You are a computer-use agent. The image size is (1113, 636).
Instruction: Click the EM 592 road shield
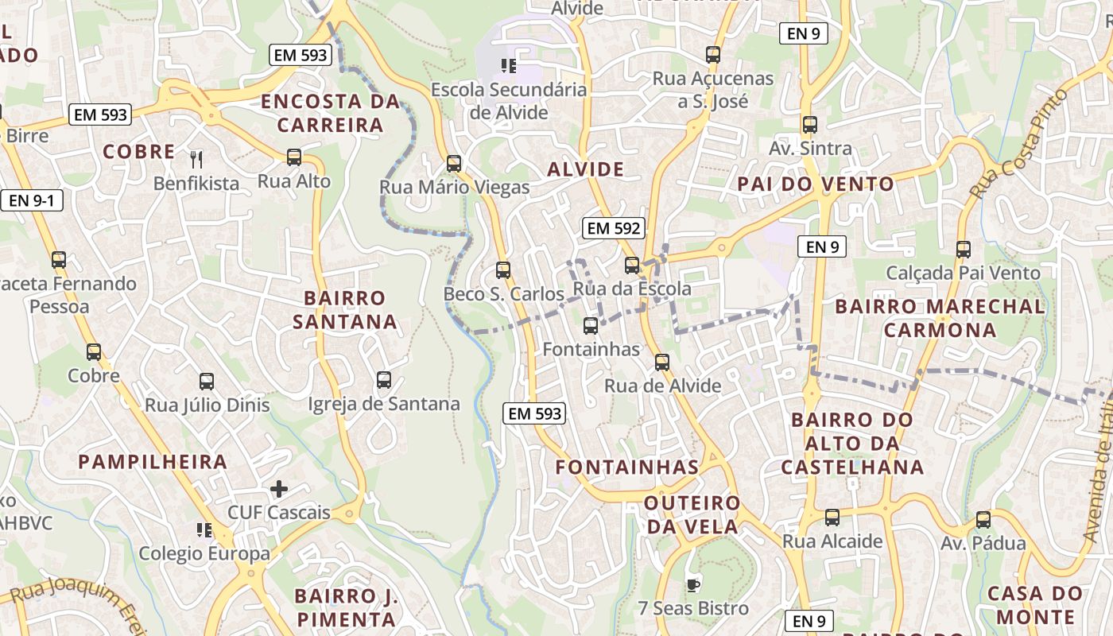[x=612, y=228]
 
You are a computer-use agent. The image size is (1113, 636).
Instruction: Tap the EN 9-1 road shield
[x=32, y=200]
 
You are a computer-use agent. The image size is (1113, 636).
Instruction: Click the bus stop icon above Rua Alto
[x=294, y=157]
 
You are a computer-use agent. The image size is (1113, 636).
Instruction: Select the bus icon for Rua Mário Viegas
[x=454, y=164]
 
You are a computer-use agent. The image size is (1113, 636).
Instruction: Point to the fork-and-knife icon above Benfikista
[x=196, y=159]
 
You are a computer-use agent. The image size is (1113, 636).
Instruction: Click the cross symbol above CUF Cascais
[x=278, y=488]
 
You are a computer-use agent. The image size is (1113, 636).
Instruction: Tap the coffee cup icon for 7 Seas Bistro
[x=693, y=585]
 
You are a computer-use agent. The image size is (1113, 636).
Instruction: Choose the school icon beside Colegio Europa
[x=204, y=529]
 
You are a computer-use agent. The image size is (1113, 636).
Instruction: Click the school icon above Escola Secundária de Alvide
[x=509, y=65]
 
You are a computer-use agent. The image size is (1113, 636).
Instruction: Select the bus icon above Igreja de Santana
[x=384, y=380]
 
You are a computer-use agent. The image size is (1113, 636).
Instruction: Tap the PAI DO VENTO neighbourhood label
[x=816, y=184]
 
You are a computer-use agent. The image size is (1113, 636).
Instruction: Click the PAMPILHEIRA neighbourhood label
[x=153, y=461]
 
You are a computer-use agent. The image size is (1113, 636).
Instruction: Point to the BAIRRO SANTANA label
[x=345, y=309]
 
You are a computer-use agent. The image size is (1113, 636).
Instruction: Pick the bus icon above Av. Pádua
[x=983, y=520]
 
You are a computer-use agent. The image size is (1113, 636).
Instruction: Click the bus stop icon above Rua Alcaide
[x=832, y=518]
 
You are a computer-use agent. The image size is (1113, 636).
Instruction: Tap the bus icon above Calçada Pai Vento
[x=964, y=250]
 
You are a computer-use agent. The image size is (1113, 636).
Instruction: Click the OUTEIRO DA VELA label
[x=692, y=514]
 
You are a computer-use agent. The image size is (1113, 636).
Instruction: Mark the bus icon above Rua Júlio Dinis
[x=207, y=382]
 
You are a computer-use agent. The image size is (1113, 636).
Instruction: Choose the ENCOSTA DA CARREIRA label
[x=330, y=113]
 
